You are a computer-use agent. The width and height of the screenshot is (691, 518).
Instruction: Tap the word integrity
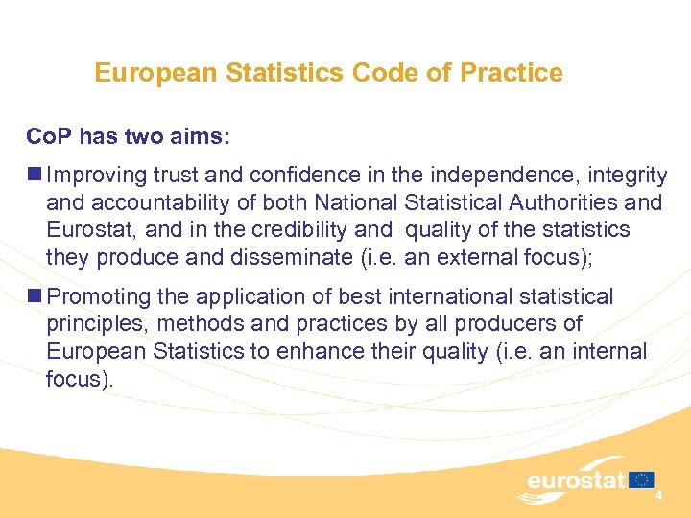click(628, 176)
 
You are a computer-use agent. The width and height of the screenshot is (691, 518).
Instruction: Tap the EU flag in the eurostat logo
click(641, 480)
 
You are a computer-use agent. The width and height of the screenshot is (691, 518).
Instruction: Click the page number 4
click(659, 496)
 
